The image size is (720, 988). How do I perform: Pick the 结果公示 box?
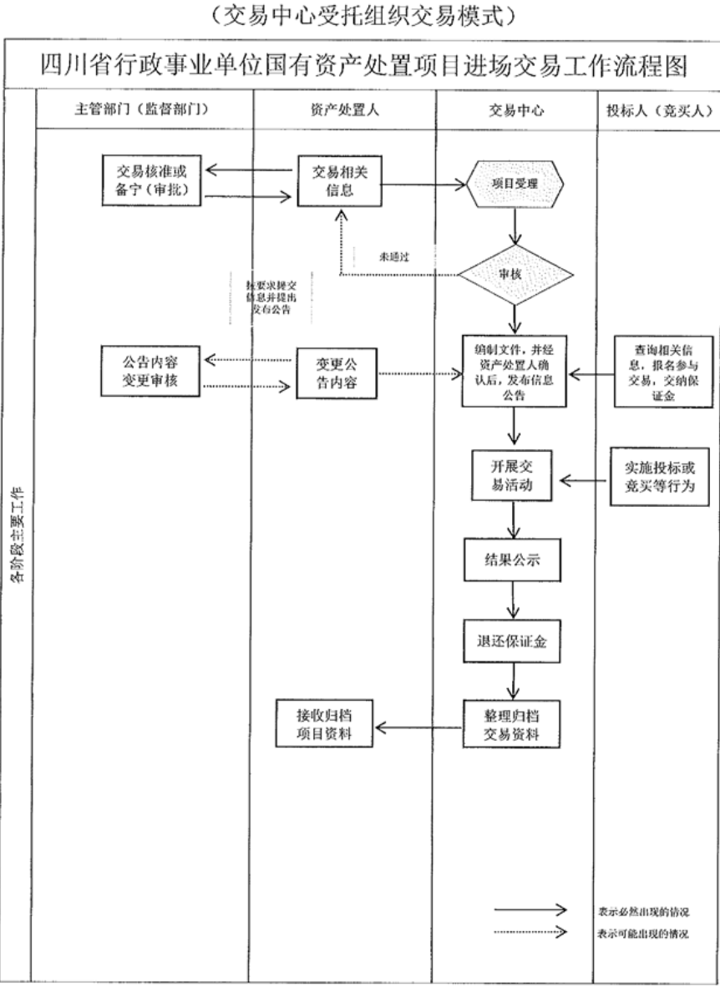click(x=513, y=560)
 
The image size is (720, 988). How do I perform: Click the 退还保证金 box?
click(x=513, y=641)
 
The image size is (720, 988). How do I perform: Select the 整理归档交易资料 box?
click(x=513, y=724)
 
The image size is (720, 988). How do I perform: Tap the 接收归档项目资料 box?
click(x=326, y=724)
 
